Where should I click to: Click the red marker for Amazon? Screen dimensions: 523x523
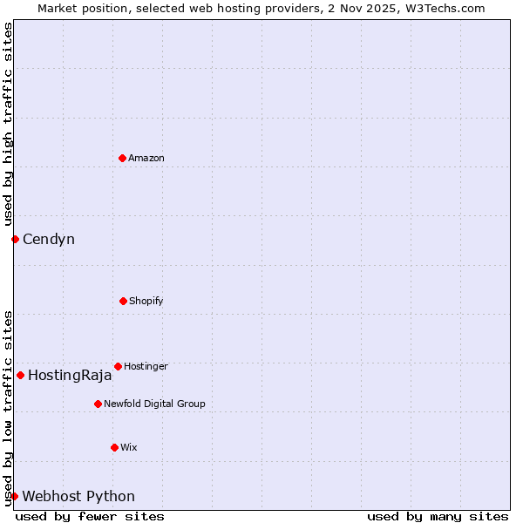click(122, 158)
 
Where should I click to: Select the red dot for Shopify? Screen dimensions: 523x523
click(123, 301)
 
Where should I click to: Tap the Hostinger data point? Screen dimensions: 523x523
click(118, 366)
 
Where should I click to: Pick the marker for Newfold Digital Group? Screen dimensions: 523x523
click(98, 404)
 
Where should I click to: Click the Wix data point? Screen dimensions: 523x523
click(114, 447)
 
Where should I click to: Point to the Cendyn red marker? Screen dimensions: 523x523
click(15, 239)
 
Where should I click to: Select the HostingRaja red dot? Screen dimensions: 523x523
click(20, 375)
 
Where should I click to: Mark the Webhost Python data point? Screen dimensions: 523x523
click(14, 496)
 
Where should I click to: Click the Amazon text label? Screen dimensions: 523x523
click(146, 158)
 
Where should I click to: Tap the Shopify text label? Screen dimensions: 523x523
click(146, 301)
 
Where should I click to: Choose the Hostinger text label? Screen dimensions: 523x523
click(146, 366)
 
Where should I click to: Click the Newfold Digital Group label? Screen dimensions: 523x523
click(154, 404)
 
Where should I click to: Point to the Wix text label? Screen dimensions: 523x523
click(129, 447)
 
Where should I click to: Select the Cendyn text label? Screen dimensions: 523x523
click(49, 239)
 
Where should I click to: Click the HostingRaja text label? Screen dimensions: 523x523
click(70, 376)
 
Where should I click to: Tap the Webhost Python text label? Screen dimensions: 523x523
click(78, 497)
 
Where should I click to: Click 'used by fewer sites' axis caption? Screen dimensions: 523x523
click(90, 516)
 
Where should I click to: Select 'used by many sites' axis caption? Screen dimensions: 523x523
click(438, 516)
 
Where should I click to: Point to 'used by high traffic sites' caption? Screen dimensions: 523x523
click(8, 125)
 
